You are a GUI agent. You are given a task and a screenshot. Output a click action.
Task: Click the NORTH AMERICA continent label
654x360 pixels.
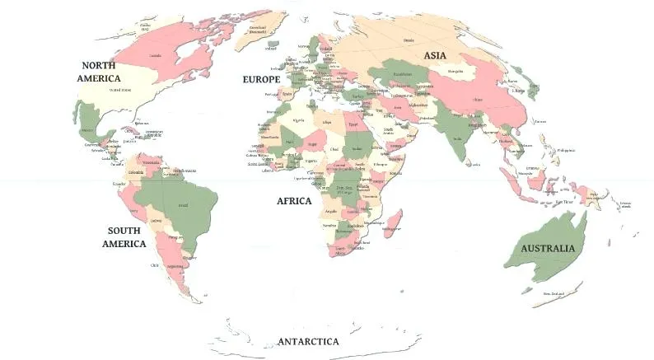tap(98, 72)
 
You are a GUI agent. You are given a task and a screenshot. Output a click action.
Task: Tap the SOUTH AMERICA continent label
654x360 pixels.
tap(124, 237)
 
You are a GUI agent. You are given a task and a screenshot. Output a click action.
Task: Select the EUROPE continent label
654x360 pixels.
tap(261, 80)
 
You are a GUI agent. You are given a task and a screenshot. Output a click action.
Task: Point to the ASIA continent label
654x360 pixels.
tap(435, 55)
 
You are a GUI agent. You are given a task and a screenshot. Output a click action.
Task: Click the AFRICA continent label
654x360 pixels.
tap(293, 201)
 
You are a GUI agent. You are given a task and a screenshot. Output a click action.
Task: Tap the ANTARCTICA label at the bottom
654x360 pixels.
tap(308, 341)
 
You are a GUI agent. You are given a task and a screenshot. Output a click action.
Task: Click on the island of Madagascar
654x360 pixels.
tap(393, 222)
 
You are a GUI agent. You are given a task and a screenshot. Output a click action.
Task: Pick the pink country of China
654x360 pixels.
tap(478, 99)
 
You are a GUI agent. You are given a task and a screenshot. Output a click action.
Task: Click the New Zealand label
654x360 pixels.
tap(553, 293)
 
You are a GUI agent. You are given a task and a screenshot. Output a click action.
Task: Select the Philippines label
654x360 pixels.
tap(566, 150)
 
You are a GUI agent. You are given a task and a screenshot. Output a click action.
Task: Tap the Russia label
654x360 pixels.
tap(409, 39)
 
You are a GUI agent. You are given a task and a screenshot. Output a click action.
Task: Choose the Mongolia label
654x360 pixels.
tap(455, 72)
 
